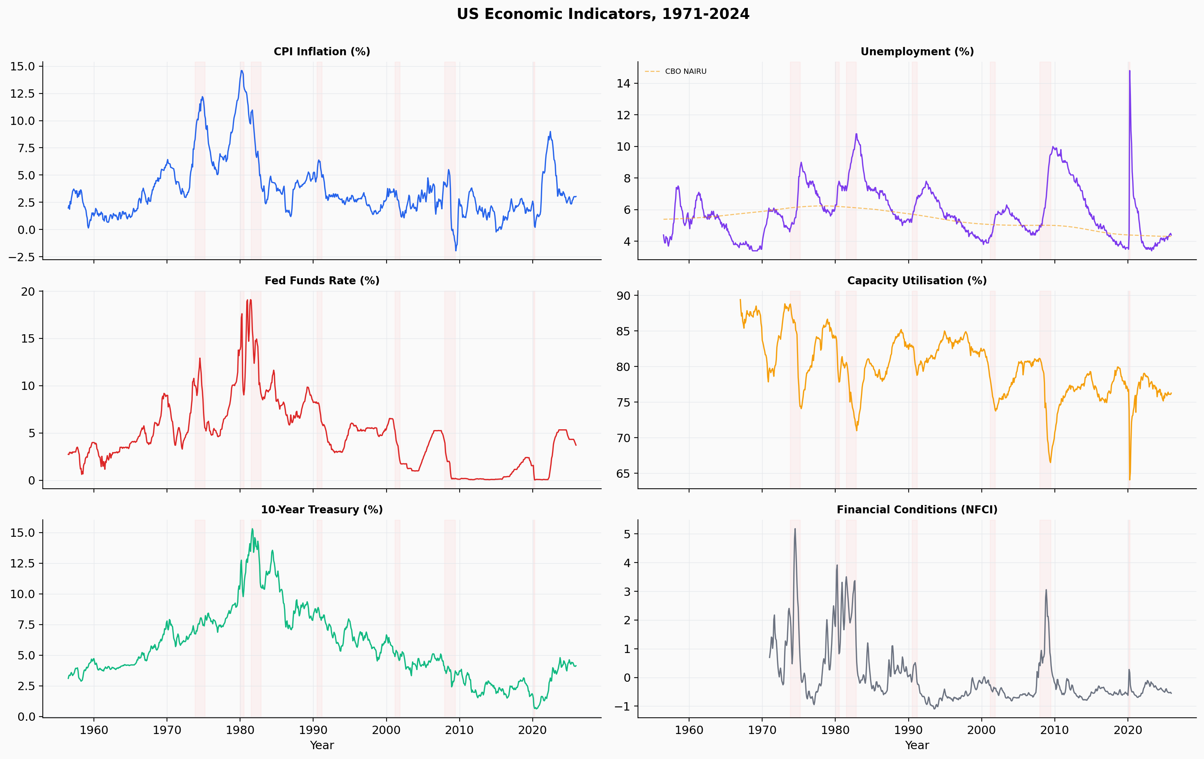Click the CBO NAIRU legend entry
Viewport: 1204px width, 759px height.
tap(685, 72)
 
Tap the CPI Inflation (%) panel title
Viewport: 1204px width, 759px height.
tap(321, 51)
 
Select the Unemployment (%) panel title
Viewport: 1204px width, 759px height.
tap(917, 51)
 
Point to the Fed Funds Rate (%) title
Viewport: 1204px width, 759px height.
tap(321, 281)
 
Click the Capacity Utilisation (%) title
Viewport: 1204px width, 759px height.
tap(917, 281)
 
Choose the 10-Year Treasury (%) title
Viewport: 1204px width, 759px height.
tap(321, 510)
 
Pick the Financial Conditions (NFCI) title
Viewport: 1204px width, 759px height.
tap(917, 510)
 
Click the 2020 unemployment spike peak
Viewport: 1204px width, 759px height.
tap(1129, 71)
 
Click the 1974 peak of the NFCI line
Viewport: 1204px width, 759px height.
tap(795, 528)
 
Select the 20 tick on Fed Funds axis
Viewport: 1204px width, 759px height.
tap(28, 291)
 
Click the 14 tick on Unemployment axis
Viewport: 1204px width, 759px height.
tap(624, 84)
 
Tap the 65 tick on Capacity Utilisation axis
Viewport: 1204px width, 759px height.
tap(624, 474)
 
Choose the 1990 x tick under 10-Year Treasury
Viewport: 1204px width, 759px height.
tap(313, 730)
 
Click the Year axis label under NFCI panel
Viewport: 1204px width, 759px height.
tap(917, 745)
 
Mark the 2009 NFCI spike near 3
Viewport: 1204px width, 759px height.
tap(1046, 590)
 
